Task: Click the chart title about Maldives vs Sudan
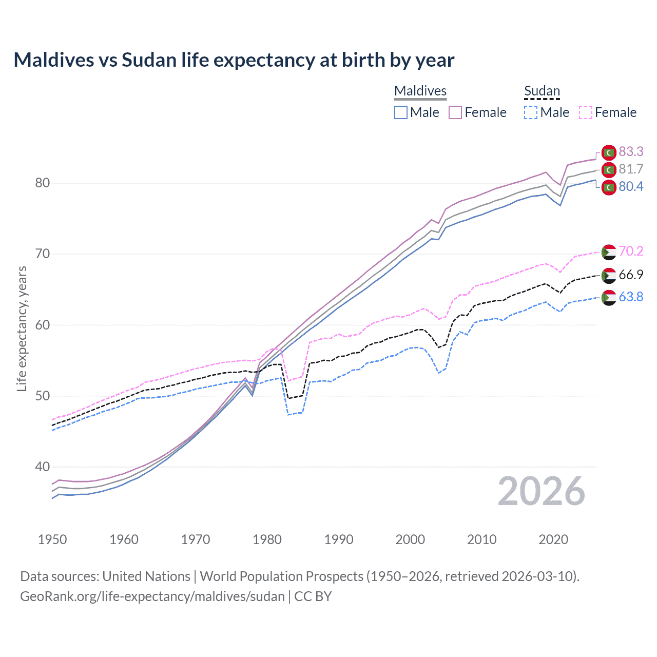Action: pyautogui.click(x=234, y=60)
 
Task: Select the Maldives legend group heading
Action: pyautogui.click(x=420, y=91)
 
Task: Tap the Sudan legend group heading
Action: pyautogui.click(x=542, y=91)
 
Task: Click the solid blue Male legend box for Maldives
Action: pyautogui.click(x=401, y=112)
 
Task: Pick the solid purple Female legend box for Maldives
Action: pyautogui.click(x=455, y=112)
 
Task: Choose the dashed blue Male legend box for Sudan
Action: pyautogui.click(x=531, y=112)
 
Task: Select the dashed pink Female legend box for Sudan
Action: pyautogui.click(x=586, y=112)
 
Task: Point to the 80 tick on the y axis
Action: pyautogui.click(x=42, y=183)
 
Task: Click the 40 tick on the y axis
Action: pyautogui.click(x=42, y=467)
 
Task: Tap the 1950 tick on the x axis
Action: pyautogui.click(x=52, y=539)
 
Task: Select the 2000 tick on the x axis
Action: pyautogui.click(x=410, y=539)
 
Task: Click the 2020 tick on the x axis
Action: pyautogui.click(x=553, y=539)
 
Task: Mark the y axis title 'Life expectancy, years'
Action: pyautogui.click(x=22, y=328)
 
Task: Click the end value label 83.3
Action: pyautogui.click(x=631, y=151)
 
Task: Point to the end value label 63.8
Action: pyautogui.click(x=631, y=297)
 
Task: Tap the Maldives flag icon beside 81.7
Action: pyautogui.click(x=609, y=169)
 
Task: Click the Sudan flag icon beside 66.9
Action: pyautogui.click(x=609, y=275)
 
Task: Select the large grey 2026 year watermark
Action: pyautogui.click(x=541, y=491)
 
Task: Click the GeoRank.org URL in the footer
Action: pyautogui.click(x=152, y=596)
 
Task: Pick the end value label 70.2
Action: pyautogui.click(x=631, y=251)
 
